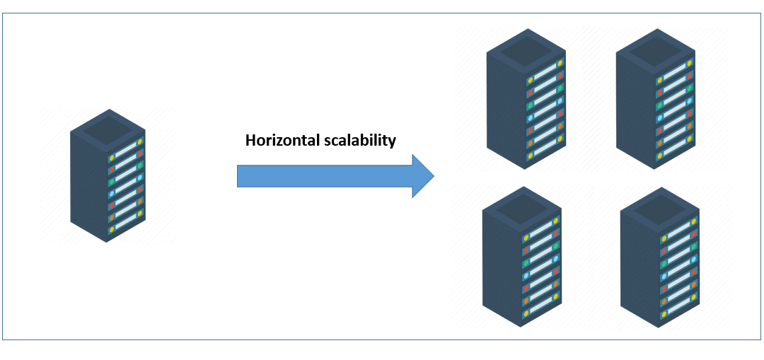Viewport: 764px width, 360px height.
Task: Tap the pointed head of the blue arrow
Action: point(422,175)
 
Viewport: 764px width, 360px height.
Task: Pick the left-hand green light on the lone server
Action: point(111,182)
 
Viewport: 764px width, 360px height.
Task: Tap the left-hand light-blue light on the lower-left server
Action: point(525,274)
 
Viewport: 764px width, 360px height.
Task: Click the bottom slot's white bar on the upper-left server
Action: point(545,147)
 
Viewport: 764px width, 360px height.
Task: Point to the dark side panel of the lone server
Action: point(88,184)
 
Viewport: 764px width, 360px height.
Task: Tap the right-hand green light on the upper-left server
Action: point(560,88)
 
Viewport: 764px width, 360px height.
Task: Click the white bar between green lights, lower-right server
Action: point(679,255)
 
